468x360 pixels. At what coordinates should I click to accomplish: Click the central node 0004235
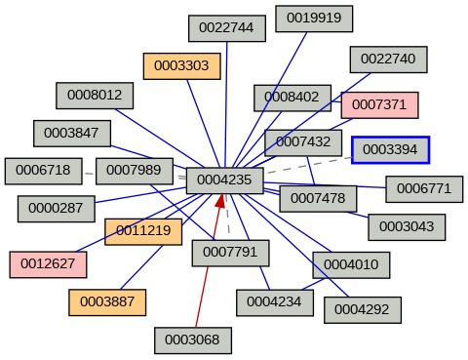point(224,180)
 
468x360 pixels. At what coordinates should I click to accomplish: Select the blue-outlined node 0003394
point(390,150)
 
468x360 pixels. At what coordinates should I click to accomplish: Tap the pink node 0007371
point(379,104)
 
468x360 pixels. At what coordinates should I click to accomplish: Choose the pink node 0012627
point(49,263)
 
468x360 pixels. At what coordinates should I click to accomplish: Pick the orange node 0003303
point(181,66)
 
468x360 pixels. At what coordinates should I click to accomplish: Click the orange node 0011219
point(143,231)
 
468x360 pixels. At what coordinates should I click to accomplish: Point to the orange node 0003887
point(107,302)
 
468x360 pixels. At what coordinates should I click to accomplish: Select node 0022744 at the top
point(227,28)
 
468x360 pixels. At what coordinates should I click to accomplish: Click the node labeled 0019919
point(314,18)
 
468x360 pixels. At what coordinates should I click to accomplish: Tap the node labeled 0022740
point(388,59)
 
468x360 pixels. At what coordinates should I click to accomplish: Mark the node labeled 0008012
point(95,95)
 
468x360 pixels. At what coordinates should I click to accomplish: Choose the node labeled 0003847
point(72,133)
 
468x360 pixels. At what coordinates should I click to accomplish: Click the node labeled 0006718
point(43,171)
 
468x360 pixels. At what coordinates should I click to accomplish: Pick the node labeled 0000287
point(57,208)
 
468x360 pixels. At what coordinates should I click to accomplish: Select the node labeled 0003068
point(193,340)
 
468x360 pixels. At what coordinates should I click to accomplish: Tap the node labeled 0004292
point(362,309)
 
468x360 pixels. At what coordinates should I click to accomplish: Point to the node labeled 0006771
point(424,188)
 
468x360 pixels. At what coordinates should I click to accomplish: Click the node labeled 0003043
point(407,227)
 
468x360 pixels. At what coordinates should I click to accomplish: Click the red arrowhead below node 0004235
point(221,201)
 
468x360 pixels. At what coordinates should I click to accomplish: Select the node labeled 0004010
point(351,264)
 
